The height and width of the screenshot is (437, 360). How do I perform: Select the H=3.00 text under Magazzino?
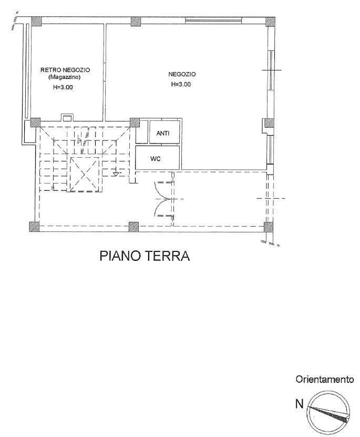point(63,87)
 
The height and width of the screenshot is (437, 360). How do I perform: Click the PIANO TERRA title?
point(144,257)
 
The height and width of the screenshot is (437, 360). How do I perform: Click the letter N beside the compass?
point(299,404)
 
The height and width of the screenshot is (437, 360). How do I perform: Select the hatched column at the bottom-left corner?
point(34,227)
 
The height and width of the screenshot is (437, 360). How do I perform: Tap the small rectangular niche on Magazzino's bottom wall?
point(67,117)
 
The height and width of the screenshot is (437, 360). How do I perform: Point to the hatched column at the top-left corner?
point(36,22)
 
